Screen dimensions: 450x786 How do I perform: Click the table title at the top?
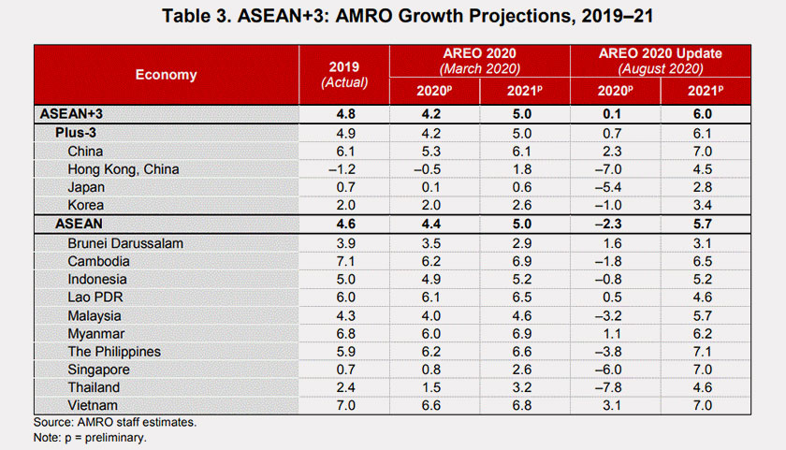(x=393, y=16)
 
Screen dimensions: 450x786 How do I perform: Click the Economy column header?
(x=166, y=75)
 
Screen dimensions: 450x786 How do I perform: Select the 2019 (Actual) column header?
(x=343, y=75)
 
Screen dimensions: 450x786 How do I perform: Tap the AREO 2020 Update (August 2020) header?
(x=661, y=60)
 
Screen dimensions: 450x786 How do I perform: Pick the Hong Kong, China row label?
(x=124, y=169)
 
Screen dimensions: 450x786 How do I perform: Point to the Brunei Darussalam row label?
(x=126, y=243)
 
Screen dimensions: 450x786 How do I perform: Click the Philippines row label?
(x=114, y=352)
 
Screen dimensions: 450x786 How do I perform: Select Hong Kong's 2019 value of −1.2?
(x=343, y=169)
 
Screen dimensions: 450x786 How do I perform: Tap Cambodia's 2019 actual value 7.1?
(x=343, y=261)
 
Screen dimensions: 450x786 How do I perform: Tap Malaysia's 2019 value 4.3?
(x=343, y=315)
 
